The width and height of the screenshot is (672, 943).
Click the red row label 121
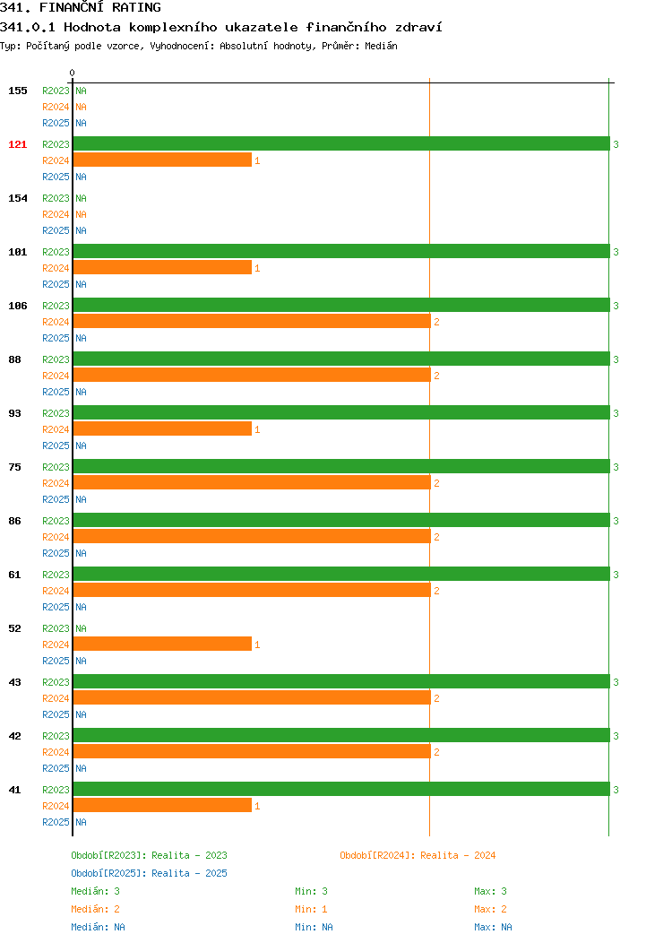(17, 144)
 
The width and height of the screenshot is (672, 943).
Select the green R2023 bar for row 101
(341, 251)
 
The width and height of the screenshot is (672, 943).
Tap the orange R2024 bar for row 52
(162, 645)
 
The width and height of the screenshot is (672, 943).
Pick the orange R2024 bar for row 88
(252, 376)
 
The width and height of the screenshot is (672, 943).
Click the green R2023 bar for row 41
(341, 789)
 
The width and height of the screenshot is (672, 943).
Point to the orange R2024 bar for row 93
(162, 428)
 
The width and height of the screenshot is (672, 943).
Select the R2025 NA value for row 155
(82, 123)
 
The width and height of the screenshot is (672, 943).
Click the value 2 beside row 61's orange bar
(436, 591)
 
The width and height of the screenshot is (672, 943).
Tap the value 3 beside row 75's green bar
(616, 467)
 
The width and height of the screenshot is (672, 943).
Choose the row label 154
(17, 198)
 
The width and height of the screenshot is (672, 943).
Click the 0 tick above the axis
(73, 73)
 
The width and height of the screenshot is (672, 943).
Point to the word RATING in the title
(136, 7)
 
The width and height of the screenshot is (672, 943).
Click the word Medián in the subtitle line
(381, 46)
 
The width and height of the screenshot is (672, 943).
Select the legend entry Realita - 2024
(458, 855)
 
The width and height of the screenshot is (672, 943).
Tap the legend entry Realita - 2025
(189, 873)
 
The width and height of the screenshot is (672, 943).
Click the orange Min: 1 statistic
(311, 909)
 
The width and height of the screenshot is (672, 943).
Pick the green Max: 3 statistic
(490, 891)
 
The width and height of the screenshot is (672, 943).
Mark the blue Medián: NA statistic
(98, 927)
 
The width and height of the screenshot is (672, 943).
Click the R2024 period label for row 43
(56, 698)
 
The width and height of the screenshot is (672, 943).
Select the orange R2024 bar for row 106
(252, 321)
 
